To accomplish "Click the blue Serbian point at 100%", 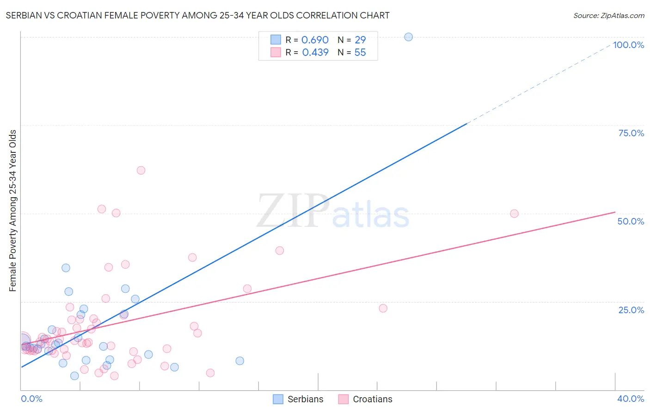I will click(x=408, y=37).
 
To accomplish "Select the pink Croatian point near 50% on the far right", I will click(x=514, y=213).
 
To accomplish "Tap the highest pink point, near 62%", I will click(x=141, y=170).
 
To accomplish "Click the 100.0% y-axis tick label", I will click(x=628, y=45).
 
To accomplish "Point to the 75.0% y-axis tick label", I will click(x=631, y=133).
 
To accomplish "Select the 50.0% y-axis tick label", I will click(x=631, y=221).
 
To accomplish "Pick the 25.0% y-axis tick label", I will click(x=631, y=310).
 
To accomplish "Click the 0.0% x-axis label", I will click(x=31, y=399).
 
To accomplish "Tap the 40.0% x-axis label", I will click(x=631, y=399).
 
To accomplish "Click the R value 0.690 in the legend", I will click(x=315, y=40).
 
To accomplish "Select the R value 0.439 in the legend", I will click(x=315, y=53).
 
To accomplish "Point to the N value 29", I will click(x=360, y=40).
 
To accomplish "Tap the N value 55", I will click(x=360, y=53).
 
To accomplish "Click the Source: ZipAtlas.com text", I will click(x=608, y=16).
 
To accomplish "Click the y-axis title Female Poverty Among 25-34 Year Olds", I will click(x=13, y=211).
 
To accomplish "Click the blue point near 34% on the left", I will click(x=66, y=268).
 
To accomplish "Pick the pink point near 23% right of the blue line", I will click(x=383, y=308).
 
